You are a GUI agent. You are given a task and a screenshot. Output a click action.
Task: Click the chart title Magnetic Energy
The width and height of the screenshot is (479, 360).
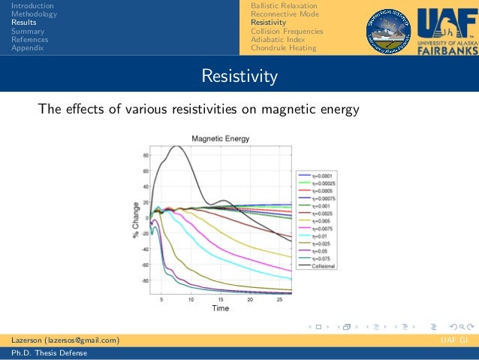[x=220, y=138]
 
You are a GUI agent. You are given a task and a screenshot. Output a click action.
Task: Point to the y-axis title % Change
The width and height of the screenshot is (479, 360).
[x=136, y=220]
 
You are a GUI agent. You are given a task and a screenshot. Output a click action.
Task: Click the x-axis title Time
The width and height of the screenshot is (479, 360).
[x=220, y=308]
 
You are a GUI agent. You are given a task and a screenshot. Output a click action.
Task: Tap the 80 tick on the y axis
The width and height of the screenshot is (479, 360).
[x=145, y=156]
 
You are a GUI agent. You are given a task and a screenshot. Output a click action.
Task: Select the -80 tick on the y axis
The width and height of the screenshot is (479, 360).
[x=144, y=280]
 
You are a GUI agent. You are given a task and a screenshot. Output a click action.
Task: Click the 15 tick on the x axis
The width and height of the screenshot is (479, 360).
[x=221, y=298]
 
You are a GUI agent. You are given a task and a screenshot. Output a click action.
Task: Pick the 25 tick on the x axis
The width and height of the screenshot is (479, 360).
[x=279, y=298]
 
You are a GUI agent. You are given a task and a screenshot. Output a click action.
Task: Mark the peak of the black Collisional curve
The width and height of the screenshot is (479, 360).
[x=177, y=147]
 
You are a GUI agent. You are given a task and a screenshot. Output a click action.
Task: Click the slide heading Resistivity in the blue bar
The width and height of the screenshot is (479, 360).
[x=239, y=77]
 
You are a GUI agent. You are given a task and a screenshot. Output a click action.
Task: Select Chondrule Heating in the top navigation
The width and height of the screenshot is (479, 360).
[x=283, y=47]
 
